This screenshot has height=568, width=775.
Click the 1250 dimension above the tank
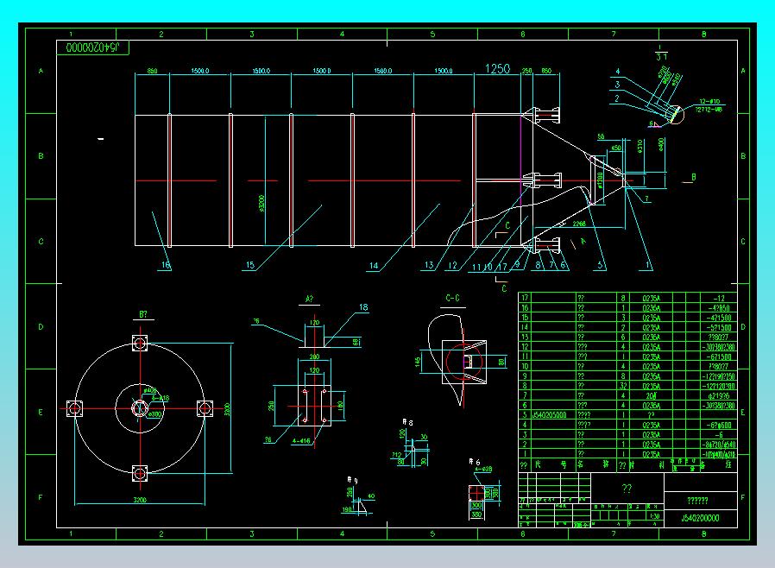pyautogui.click(x=498, y=69)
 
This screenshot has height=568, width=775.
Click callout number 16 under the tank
pyautogui.click(x=165, y=265)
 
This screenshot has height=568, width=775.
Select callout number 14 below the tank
pyautogui.click(x=374, y=267)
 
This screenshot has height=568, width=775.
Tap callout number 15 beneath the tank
pyautogui.click(x=250, y=266)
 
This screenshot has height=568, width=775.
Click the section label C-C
pyautogui.click(x=451, y=299)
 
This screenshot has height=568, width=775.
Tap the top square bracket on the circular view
pyautogui.click(x=139, y=343)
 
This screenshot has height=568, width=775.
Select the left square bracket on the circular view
pyautogui.click(x=74, y=407)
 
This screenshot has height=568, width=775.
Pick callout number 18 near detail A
pyautogui.click(x=363, y=307)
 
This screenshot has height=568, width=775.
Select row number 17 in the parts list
pyautogui.click(x=525, y=298)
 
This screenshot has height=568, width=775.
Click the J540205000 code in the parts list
pyautogui.click(x=545, y=414)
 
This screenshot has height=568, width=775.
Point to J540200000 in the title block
pyautogui.click(x=701, y=519)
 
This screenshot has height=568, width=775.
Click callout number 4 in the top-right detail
pyautogui.click(x=618, y=71)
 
